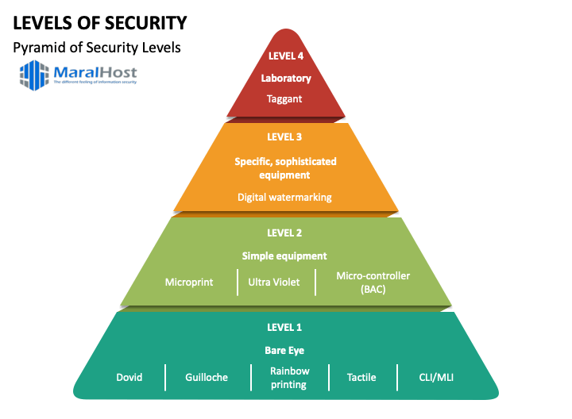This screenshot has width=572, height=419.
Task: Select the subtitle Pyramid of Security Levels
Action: tap(97, 48)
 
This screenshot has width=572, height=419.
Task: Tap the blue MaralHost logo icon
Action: tap(34, 75)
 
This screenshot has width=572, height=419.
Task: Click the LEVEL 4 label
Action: tap(286, 56)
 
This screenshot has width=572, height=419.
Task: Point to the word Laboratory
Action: tap(286, 79)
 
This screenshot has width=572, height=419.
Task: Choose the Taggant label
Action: tap(286, 99)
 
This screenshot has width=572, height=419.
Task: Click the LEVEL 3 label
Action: tap(285, 136)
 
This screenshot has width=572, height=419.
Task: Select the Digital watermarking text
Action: tap(285, 197)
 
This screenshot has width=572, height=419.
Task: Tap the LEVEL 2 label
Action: tap(285, 233)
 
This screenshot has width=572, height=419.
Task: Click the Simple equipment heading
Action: tap(285, 256)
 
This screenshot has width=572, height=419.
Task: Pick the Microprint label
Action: tap(189, 282)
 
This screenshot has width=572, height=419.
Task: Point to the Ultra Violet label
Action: tap(274, 282)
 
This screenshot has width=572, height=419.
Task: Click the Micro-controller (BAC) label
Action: tap(373, 282)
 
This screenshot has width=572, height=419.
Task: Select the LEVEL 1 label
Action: tap(285, 327)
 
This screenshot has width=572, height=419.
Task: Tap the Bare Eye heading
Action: tap(285, 350)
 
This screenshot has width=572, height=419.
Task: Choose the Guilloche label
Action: tap(207, 377)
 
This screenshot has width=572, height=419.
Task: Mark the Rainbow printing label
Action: tap(290, 378)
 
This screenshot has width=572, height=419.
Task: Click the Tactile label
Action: tap(362, 377)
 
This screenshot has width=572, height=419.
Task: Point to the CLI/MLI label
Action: tap(436, 377)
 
